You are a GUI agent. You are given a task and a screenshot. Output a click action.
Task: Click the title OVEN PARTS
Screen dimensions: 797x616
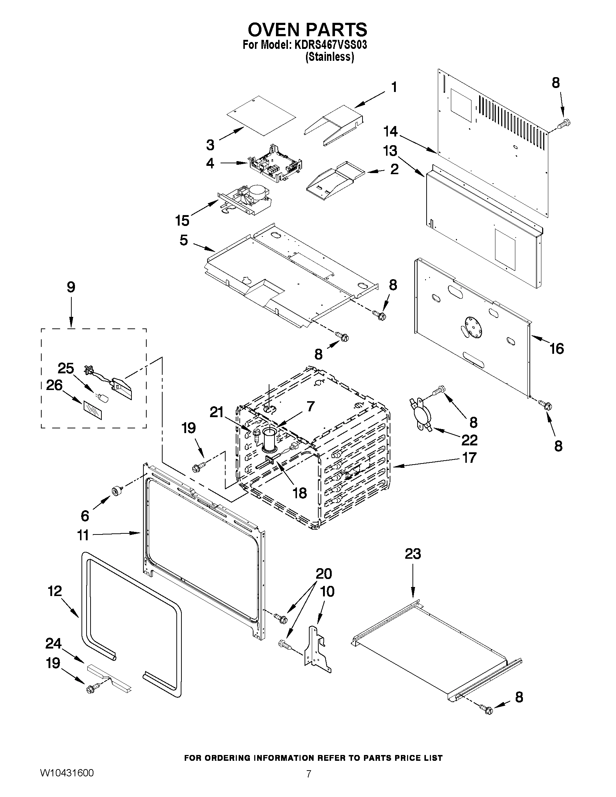307,29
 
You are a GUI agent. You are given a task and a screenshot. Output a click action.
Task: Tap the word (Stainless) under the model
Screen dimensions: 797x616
330,57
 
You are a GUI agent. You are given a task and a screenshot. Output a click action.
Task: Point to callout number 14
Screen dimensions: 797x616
390,131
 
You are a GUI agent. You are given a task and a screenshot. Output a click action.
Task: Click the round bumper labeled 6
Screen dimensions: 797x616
116,491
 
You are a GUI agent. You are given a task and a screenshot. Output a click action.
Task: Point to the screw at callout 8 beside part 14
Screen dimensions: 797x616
563,124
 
